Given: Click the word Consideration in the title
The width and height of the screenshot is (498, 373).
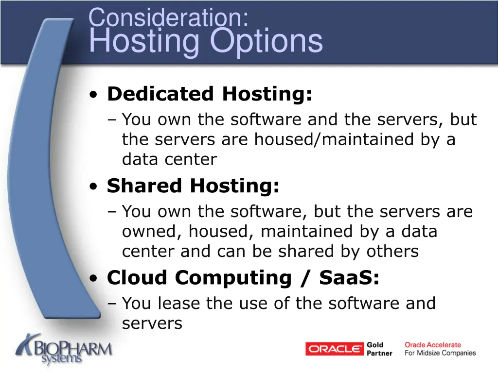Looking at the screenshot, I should tap(168, 18).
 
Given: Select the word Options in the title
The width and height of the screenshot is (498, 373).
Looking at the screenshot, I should tap(267, 41).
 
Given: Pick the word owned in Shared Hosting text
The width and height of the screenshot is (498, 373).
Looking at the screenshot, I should tap(149, 232).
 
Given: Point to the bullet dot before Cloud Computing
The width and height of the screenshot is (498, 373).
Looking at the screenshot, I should tap(95, 279).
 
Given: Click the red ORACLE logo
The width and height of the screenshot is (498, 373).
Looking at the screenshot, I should tap(335, 349).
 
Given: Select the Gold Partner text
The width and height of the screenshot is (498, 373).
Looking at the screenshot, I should tap(379, 349).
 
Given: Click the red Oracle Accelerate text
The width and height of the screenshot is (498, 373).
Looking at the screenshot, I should tap(433, 345).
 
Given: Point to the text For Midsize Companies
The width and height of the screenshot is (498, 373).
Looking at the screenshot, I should tap(440, 353).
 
